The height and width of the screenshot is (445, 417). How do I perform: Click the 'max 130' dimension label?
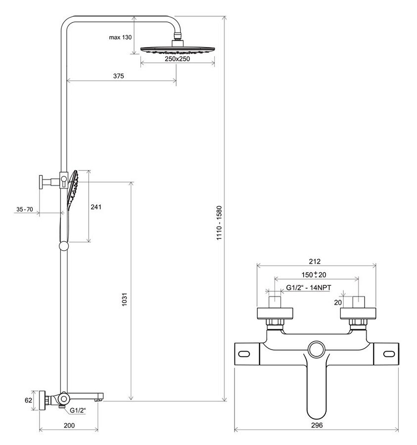point(120,37)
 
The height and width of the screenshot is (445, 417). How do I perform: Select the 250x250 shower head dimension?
point(178,59)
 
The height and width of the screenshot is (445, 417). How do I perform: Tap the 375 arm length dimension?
point(118,76)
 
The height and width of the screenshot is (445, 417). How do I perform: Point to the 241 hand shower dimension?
point(96,207)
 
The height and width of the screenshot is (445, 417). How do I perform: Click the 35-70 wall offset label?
point(24,210)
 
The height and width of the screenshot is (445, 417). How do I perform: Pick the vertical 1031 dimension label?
point(124,300)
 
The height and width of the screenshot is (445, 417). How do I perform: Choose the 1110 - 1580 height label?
point(219,223)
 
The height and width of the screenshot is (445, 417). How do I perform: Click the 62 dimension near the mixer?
point(28,400)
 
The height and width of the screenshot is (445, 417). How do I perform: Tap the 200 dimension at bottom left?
point(69,425)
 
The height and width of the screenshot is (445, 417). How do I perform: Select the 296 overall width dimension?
point(317,425)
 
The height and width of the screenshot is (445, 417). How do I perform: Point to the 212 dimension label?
point(315,262)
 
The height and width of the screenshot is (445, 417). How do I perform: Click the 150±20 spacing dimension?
point(314,275)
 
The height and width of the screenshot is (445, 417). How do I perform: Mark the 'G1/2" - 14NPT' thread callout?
point(308,287)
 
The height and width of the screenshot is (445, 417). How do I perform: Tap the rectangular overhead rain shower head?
point(178,50)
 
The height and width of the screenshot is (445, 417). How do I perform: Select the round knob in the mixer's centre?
point(317,350)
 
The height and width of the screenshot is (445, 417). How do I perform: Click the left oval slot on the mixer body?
point(244,354)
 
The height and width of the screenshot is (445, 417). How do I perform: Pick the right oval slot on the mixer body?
point(389,354)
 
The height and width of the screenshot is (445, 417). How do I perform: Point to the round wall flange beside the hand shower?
point(41,182)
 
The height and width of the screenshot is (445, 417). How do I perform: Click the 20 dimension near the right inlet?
point(338,303)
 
